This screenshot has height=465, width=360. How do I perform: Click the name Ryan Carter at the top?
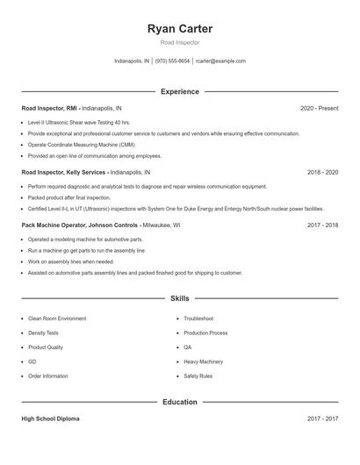[180, 29]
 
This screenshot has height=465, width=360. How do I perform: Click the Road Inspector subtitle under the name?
[180, 42]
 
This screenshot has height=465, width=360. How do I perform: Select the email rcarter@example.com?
[220, 61]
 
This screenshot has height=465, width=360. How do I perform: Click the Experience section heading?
[180, 91]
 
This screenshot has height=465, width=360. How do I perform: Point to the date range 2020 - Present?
[319, 108]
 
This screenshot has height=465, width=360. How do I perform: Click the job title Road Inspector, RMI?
[49, 108]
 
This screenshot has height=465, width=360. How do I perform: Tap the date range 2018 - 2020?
[322, 173]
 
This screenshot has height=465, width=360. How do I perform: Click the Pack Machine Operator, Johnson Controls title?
[80, 225]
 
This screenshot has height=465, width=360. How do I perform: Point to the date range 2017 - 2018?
[322, 225]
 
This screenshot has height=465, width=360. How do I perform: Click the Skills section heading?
[180, 299]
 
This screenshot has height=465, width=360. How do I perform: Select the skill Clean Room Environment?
[57, 318]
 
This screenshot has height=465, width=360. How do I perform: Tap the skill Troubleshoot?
[198, 318]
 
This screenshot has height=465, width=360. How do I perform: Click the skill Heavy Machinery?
[203, 361]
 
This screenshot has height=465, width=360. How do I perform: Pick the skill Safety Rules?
[198, 376]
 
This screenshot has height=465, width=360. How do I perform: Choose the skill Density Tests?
[43, 333]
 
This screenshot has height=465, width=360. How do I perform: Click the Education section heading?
[180, 402]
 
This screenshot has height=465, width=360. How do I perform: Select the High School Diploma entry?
[50, 418]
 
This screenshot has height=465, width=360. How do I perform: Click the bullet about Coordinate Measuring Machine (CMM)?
[82, 144]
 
